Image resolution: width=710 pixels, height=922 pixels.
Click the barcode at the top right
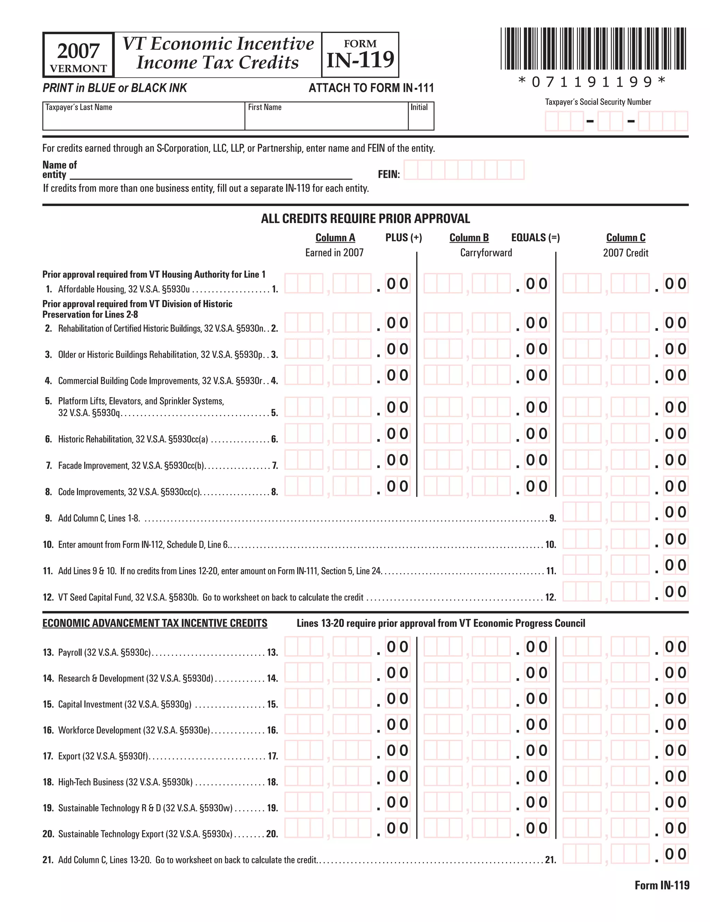[x=593, y=49]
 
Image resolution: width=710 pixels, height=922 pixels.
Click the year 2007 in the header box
[x=78, y=51]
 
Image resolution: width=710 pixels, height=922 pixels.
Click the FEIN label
[x=388, y=174]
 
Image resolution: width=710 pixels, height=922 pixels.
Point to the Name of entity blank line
[x=211, y=175]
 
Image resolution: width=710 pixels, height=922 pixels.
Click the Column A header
[x=335, y=238]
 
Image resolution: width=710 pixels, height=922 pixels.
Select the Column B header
[x=469, y=238]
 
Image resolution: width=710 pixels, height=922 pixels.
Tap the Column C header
[x=625, y=238]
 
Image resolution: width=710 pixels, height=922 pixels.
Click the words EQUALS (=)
[x=535, y=238]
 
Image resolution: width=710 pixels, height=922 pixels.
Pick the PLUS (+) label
[x=403, y=238]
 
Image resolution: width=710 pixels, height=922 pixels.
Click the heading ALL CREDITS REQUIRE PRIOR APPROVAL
[x=365, y=219]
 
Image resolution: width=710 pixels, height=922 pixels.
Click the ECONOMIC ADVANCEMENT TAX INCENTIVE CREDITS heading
[x=155, y=623]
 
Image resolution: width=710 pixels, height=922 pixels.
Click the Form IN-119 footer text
[x=661, y=885]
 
